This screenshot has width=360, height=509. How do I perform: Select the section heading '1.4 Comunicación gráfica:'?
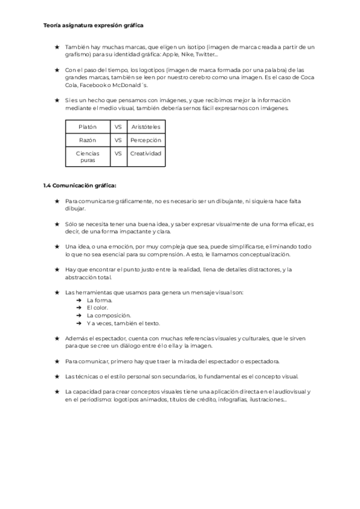click(80, 185)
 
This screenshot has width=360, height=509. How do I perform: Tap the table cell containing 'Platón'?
click(88, 127)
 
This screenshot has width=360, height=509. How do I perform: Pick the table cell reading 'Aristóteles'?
click(146, 127)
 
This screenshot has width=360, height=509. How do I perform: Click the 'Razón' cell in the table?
click(88, 140)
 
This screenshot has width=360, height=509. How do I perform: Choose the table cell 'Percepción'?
click(146, 140)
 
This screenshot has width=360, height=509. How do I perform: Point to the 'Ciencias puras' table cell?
click(88, 157)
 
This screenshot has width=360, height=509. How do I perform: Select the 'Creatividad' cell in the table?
click(146, 153)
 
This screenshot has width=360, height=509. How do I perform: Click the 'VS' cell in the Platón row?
click(118, 127)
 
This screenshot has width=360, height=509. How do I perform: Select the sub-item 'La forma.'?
click(99, 300)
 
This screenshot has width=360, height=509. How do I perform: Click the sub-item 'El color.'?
click(98, 307)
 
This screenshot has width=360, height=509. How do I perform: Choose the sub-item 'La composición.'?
click(109, 315)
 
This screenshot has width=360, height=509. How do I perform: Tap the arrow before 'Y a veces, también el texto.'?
click(79, 323)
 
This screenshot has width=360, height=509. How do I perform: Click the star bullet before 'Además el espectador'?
click(56, 338)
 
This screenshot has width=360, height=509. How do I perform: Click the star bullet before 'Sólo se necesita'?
click(56, 224)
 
